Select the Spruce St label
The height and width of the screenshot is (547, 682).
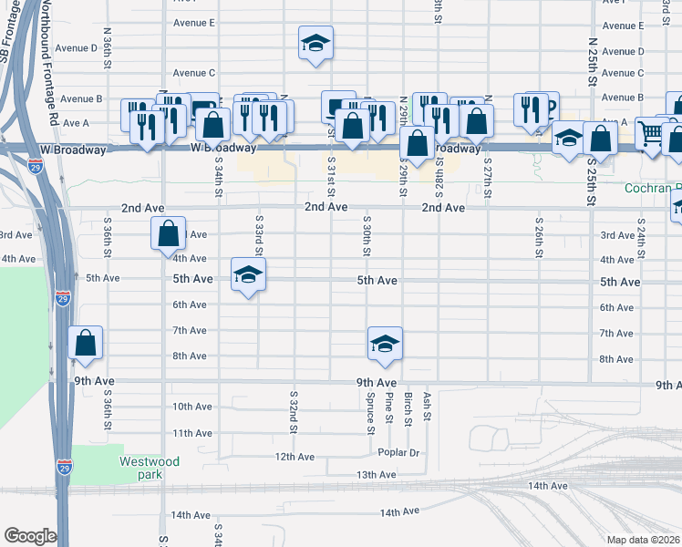tap(370, 413)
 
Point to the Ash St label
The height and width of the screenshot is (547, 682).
tap(426, 406)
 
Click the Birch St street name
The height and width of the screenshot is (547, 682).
tap(408, 408)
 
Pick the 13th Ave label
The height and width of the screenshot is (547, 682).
tap(376, 475)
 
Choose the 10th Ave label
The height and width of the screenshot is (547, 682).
tap(191, 407)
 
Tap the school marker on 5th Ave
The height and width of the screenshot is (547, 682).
tap(247, 275)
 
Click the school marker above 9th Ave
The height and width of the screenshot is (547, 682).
tap(385, 344)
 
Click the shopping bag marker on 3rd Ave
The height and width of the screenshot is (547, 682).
tap(169, 233)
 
